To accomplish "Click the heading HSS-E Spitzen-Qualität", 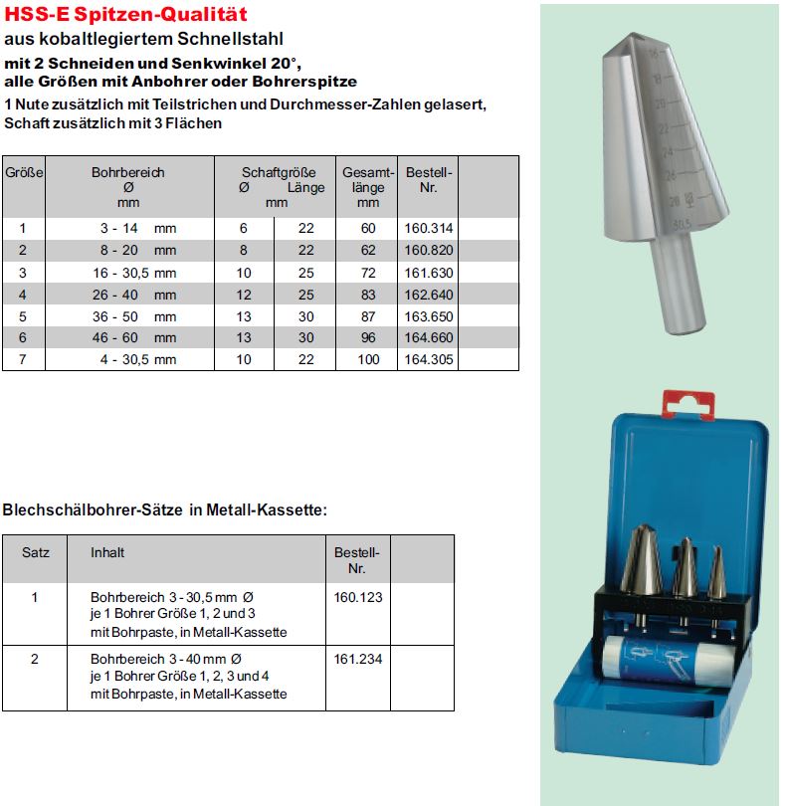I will [x=126, y=15].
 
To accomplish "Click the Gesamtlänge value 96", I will [x=369, y=337].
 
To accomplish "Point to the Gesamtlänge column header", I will [x=369, y=187].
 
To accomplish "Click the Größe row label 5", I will [x=23, y=315].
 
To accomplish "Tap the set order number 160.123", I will [x=358, y=598].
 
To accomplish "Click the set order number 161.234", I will [x=358, y=659].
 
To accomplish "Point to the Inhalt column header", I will [x=107, y=551].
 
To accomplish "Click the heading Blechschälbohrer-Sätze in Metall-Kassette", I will [x=165, y=510].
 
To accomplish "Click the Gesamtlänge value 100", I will [x=369, y=359].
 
